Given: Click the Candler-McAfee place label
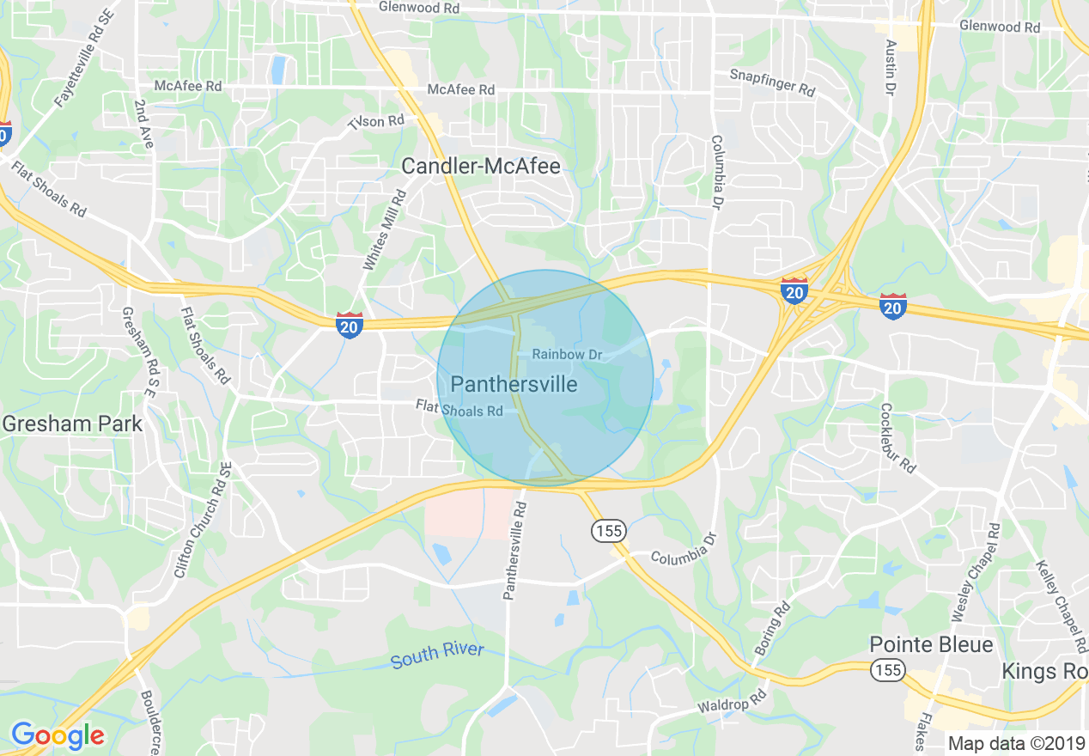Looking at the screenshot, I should (482, 166).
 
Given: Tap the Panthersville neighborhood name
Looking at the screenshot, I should (514, 384).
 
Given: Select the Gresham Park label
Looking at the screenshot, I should (72, 423).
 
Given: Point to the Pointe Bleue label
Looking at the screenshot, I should (931, 644).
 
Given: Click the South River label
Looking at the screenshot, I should (437, 655).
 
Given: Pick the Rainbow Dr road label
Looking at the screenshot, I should (569, 354).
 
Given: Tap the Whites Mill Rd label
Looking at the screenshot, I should (384, 232).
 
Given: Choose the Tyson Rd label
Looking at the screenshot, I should (376, 121).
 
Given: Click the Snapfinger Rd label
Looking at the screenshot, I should (772, 82).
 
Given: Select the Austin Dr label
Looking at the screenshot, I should (891, 66).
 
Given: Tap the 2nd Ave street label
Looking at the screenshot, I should (143, 125).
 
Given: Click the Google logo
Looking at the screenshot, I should (58, 735).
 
